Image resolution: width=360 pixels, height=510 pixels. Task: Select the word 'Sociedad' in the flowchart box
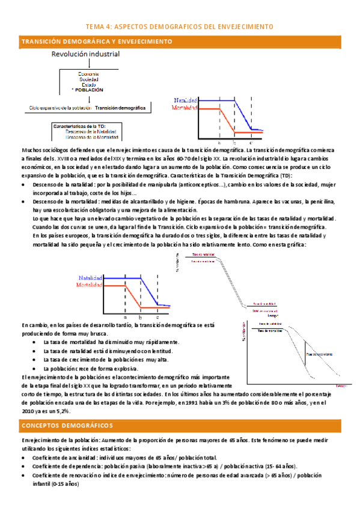pyautogui.click(x=89, y=79)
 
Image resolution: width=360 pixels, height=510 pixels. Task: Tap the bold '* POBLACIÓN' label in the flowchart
pyautogui.click(x=88, y=90)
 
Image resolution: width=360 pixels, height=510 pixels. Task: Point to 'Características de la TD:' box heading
pyautogui.click(x=79, y=126)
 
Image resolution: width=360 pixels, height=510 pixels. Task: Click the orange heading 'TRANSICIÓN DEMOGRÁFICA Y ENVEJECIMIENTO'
pyautogui.click(x=97, y=41)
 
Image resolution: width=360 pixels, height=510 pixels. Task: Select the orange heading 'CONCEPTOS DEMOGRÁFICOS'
pyautogui.click(x=67, y=426)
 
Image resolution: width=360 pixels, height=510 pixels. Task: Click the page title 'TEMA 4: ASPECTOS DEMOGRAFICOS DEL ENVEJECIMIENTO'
pyautogui.click(x=180, y=27)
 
